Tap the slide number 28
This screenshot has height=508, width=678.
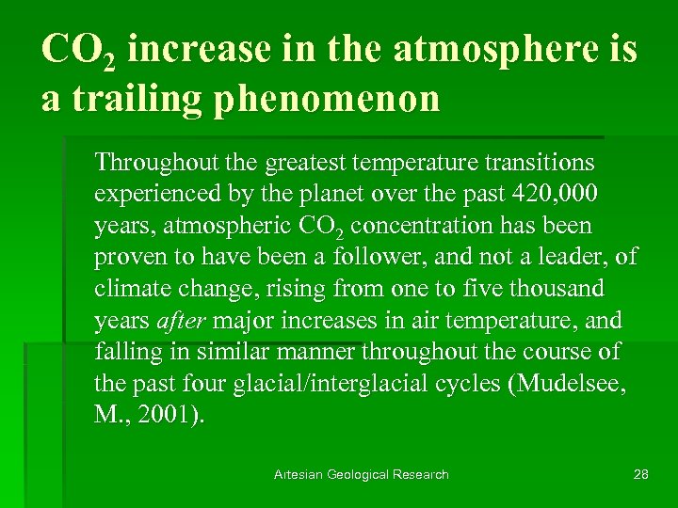pos(640,474)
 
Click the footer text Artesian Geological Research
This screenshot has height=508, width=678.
pos(362,474)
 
